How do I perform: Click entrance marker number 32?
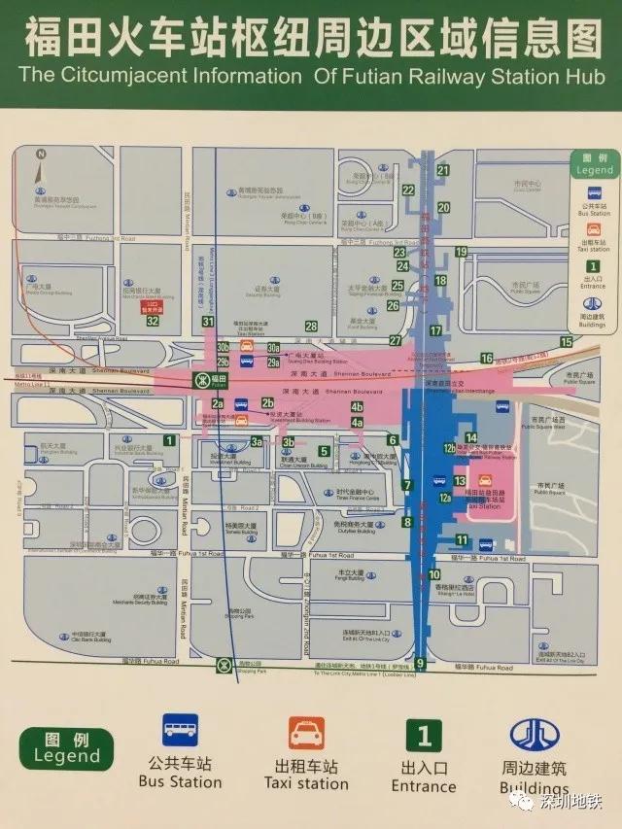pyautogui.click(x=153, y=320)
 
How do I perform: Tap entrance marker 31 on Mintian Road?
pyautogui.click(x=208, y=322)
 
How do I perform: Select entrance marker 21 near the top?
pyautogui.click(x=443, y=171)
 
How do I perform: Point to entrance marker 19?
pyautogui.click(x=462, y=253)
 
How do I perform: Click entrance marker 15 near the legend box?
pyautogui.click(x=567, y=341)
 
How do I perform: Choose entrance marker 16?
pyautogui.click(x=486, y=359)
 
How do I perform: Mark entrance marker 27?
pyautogui.click(x=396, y=340)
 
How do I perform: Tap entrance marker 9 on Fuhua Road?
pyautogui.click(x=420, y=664)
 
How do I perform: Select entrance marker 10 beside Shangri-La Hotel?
pyautogui.click(x=433, y=574)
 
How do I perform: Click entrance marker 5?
pyautogui.click(x=324, y=451)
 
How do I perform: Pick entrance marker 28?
pyautogui.click(x=311, y=327)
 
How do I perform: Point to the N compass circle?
pyautogui.click(x=41, y=154)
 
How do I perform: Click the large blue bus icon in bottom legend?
pyautogui.click(x=180, y=731)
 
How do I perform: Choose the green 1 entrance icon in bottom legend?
pyautogui.click(x=423, y=735)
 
